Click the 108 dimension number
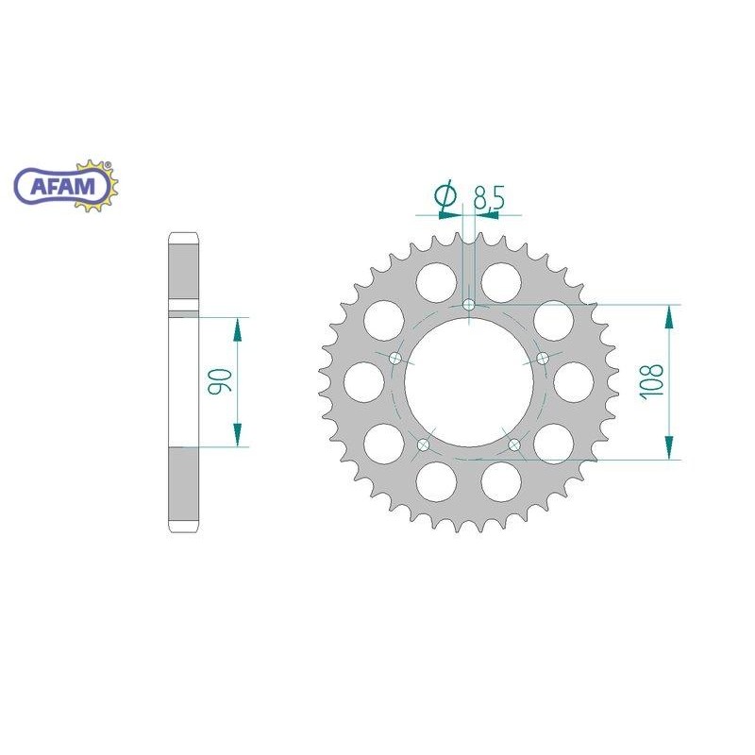[651, 382]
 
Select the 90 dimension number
[218, 381]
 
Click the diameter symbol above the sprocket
[445, 195]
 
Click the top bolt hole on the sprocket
[469, 304]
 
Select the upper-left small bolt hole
[394, 358]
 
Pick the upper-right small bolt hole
[543, 358]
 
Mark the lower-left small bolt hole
[423, 445]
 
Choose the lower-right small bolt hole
[514, 445]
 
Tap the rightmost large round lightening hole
[574, 381]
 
